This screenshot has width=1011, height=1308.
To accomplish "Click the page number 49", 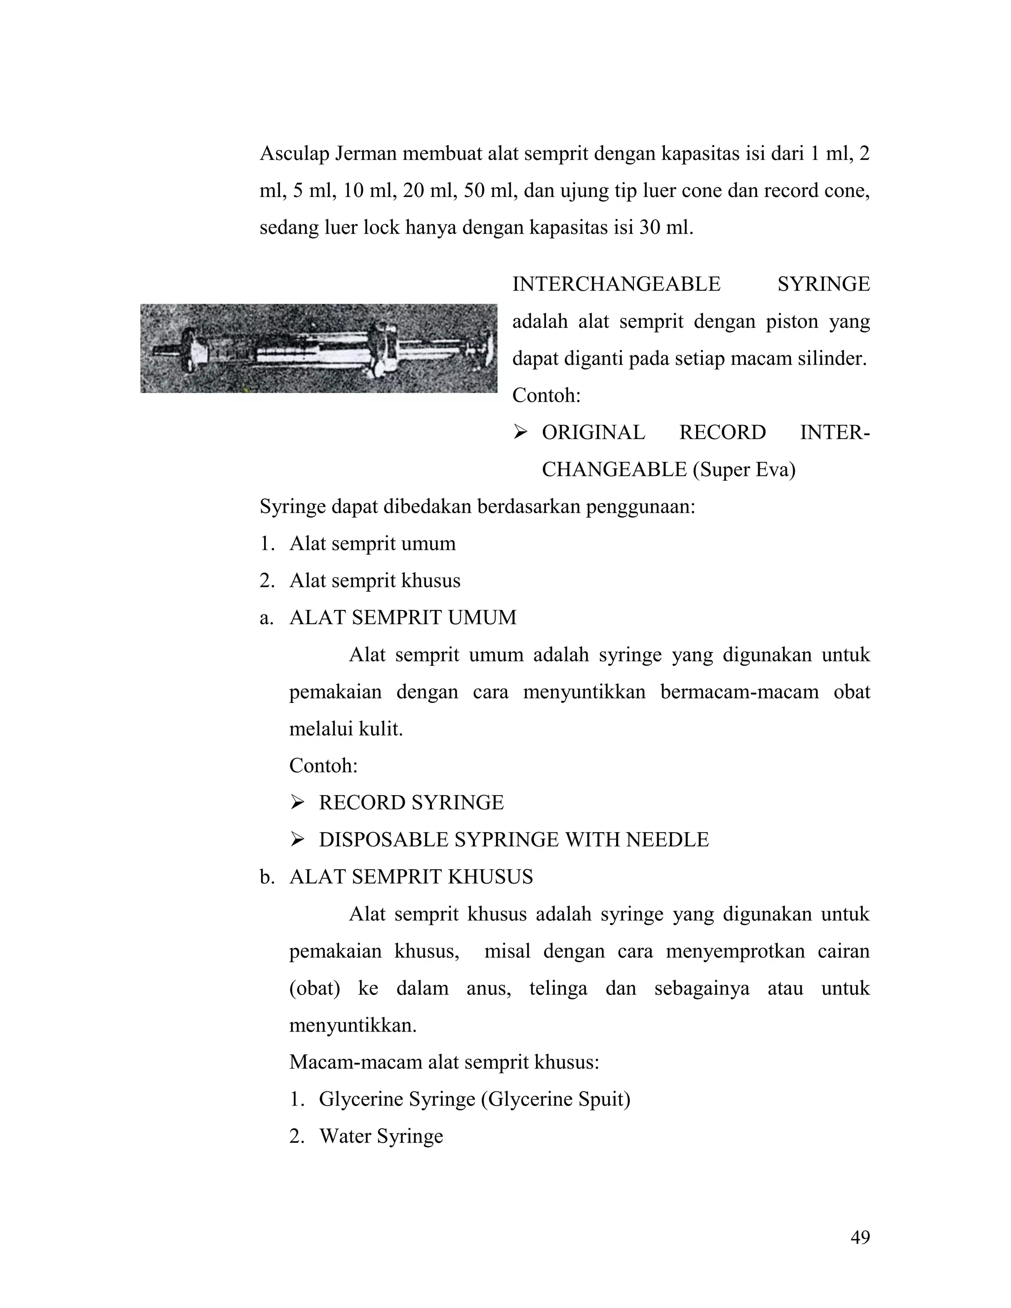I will [x=860, y=1237].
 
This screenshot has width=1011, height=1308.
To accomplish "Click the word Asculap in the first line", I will [x=294, y=154].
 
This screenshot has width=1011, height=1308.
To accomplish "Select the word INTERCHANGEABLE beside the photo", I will [x=616, y=284].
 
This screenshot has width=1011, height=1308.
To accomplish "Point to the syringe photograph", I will [x=318, y=348].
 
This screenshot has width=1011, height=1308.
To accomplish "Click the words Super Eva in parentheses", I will [x=744, y=469].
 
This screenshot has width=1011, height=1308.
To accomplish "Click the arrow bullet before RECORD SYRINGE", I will [x=297, y=803].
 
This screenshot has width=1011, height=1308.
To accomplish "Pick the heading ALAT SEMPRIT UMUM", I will [x=402, y=617].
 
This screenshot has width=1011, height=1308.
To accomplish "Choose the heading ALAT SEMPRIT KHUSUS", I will [x=411, y=877].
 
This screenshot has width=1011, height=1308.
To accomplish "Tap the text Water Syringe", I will [x=381, y=1136].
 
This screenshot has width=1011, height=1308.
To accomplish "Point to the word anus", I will [x=488, y=988].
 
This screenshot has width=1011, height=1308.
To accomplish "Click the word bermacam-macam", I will [x=739, y=692].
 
